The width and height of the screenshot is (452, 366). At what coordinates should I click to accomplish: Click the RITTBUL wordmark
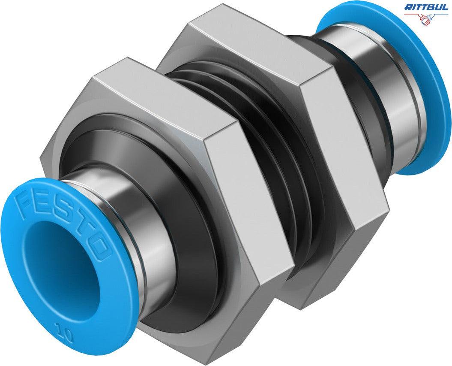point(426,6)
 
